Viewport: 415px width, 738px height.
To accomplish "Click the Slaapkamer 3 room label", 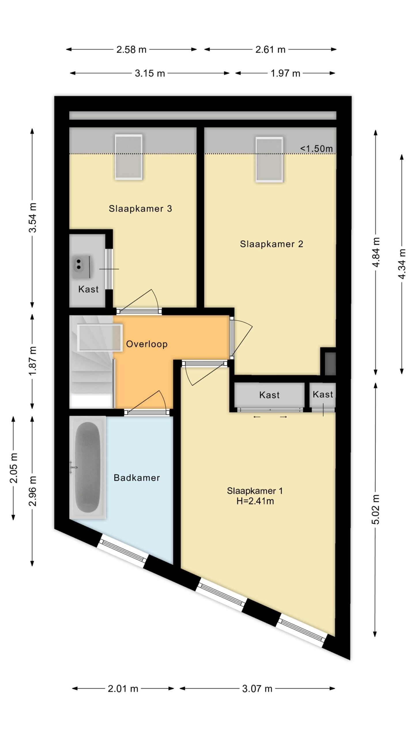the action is pyautogui.click(x=140, y=208).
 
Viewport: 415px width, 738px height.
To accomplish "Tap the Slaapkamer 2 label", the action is pyautogui.click(x=271, y=244).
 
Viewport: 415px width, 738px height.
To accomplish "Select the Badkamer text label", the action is pyautogui.click(x=137, y=478).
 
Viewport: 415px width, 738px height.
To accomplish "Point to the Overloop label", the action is pyautogui.click(x=147, y=344).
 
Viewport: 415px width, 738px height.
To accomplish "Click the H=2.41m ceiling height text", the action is pyautogui.click(x=255, y=501).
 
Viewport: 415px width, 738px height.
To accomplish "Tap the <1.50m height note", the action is pyautogui.click(x=316, y=149).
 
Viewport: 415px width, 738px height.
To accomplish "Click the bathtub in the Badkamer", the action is pyautogui.click(x=88, y=467).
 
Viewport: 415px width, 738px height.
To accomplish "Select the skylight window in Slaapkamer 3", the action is pyautogui.click(x=129, y=157).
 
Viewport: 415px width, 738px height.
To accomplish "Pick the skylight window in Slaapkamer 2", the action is pyautogui.click(x=269, y=159).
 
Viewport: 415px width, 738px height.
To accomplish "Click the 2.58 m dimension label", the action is pyautogui.click(x=131, y=50).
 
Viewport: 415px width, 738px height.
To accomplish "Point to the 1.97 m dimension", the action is pyautogui.click(x=285, y=74).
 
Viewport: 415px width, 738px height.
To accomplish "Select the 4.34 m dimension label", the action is pyautogui.click(x=402, y=264).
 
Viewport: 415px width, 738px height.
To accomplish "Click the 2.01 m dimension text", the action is pyautogui.click(x=123, y=689).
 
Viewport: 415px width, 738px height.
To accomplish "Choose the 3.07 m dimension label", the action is pyautogui.click(x=257, y=689).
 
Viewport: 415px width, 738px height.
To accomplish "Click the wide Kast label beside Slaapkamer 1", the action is pyautogui.click(x=269, y=395).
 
